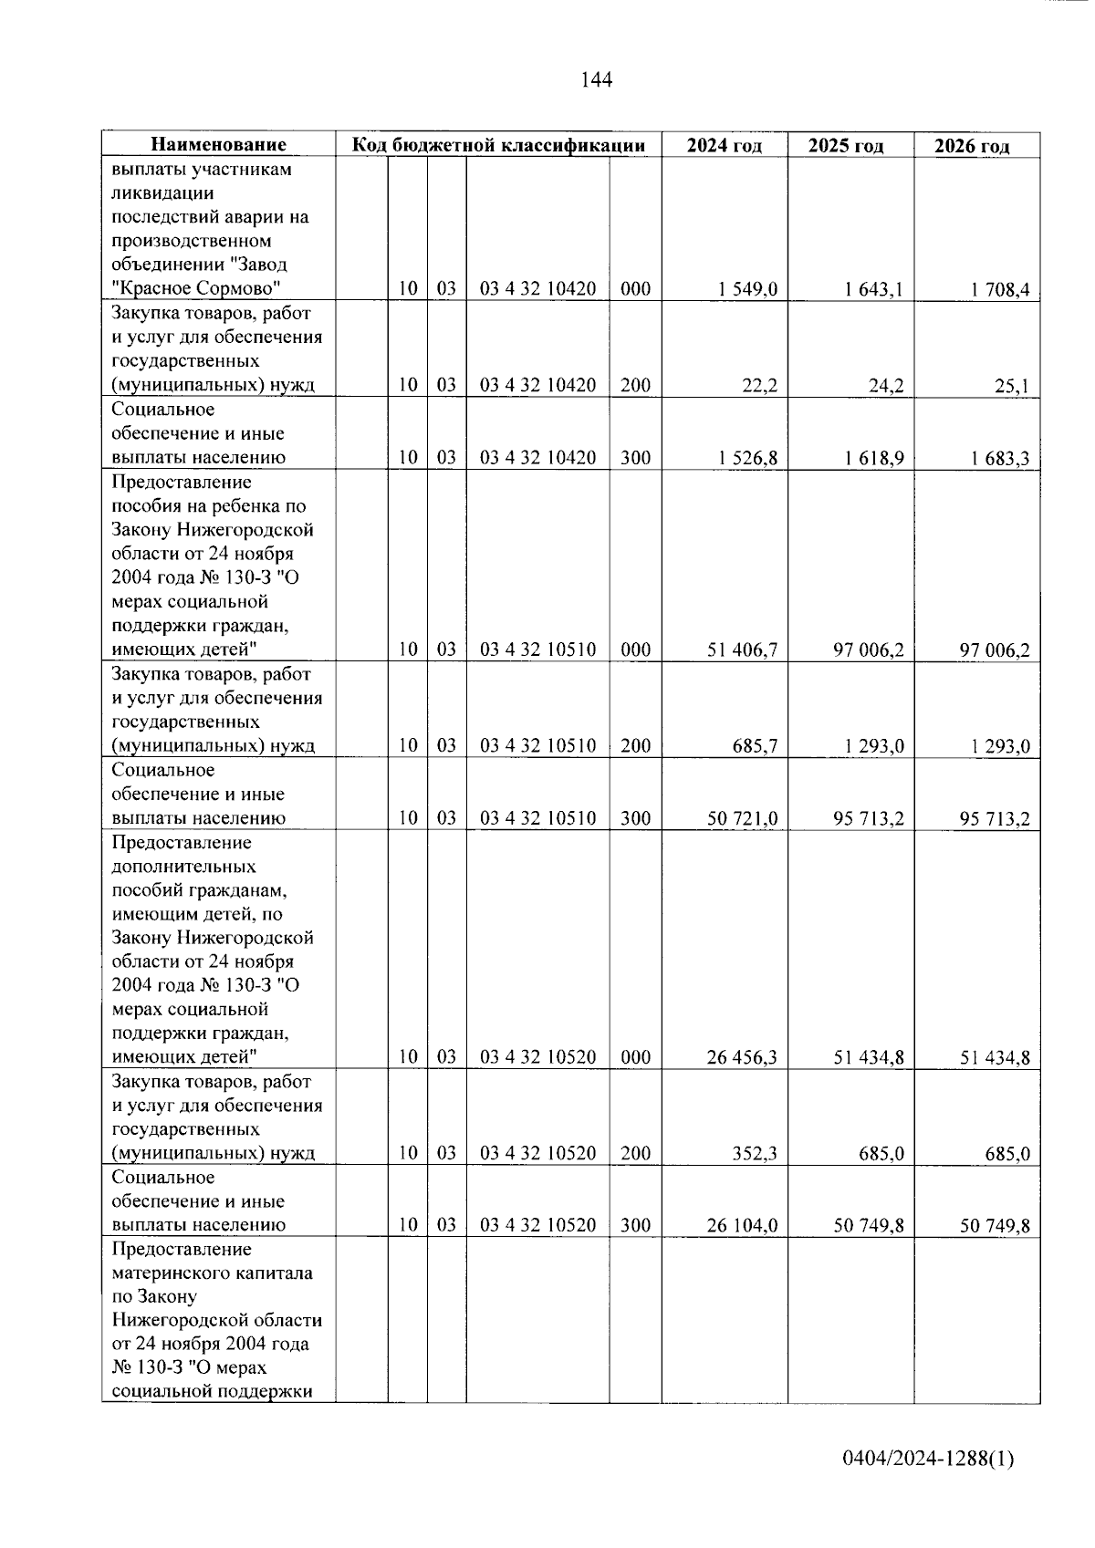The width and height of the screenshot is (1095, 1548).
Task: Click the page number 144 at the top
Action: coord(596,80)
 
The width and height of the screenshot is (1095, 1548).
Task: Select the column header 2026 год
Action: coord(975,147)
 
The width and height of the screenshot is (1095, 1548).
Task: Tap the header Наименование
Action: coord(218,145)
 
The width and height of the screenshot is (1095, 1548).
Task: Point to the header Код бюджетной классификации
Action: coord(498,145)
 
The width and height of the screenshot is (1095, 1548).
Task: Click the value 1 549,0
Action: coord(747,289)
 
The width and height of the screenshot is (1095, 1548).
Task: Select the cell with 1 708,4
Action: coord(1000,290)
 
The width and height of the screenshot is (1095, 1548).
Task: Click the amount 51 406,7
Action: coord(743,649)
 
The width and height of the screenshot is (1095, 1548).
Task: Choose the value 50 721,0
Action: coord(743,818)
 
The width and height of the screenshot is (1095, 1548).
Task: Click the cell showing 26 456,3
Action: coord(743,1057)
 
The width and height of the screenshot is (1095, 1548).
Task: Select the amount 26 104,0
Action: coord(743,1225)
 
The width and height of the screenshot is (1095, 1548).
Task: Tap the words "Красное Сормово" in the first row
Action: coord(195,289)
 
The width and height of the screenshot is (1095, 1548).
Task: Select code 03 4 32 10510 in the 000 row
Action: coord(537,649)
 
